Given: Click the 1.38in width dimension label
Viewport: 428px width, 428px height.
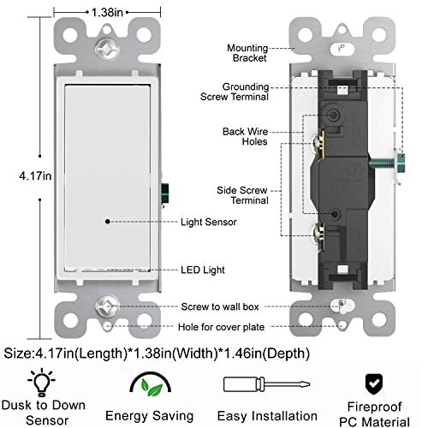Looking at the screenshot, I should click(x=108, y=13).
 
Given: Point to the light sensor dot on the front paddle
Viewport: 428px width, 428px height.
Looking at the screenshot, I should click(x=108, y=221).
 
